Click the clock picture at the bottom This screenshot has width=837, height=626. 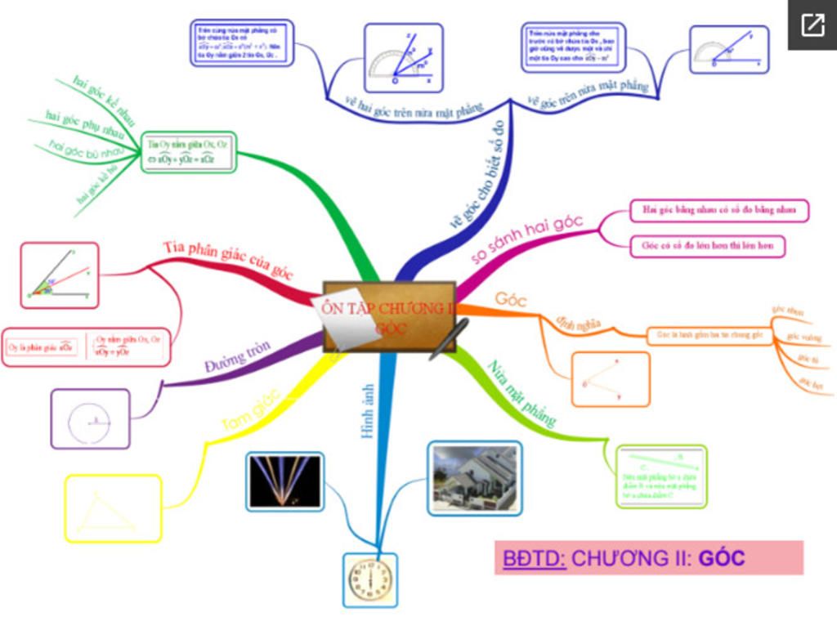click(370, 579)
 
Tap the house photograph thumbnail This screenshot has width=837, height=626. click(474, 478)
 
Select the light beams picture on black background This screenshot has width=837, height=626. click(284, 481)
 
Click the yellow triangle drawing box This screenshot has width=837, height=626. click(113, 508)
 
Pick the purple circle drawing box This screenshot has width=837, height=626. click(90, 418)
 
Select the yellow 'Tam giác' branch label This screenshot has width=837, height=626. click(250, 409)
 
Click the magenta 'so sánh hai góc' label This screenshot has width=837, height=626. click(528, 241)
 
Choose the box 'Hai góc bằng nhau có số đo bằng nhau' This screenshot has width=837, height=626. click(719, 210)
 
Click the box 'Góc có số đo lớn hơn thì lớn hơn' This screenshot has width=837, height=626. click(707, 245)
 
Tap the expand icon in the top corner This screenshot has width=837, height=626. click(812, 25)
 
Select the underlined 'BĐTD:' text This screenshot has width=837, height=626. click(534, 558)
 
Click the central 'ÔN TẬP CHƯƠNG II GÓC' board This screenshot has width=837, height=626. click(389, 317)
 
